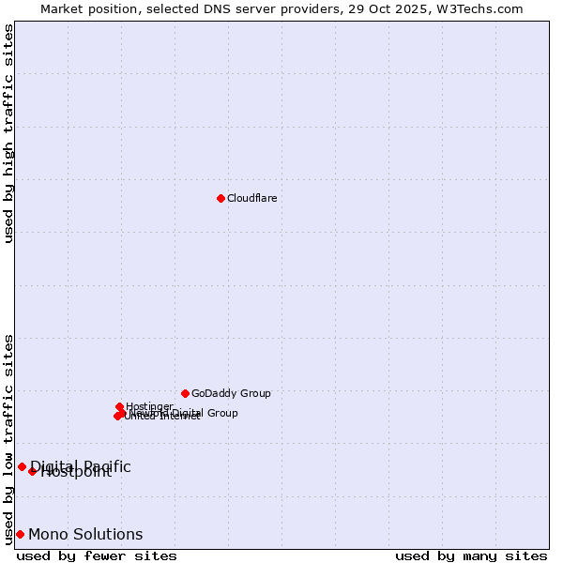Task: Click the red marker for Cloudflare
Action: click(x=221, y=198)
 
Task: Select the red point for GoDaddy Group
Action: click(x=185, y=393)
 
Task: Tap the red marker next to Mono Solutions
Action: click(x=20, y=534)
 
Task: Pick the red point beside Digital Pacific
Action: click(x=22, y=466)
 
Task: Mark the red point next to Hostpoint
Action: click(x=32, y=471)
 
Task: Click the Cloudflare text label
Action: click(x=251, y=198)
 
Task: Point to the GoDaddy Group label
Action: click(x=231, y=393)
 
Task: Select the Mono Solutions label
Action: click(x=85, y=534)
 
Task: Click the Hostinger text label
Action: click(x=149, y=406)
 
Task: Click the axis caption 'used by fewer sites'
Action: click(x=97, y=556)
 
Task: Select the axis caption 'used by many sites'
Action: click(x=471, y=556)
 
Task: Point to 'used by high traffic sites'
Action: click(x=9, y=133)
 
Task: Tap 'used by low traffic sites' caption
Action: click(x=9, y=438)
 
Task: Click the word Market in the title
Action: click(x=63, y=8)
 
